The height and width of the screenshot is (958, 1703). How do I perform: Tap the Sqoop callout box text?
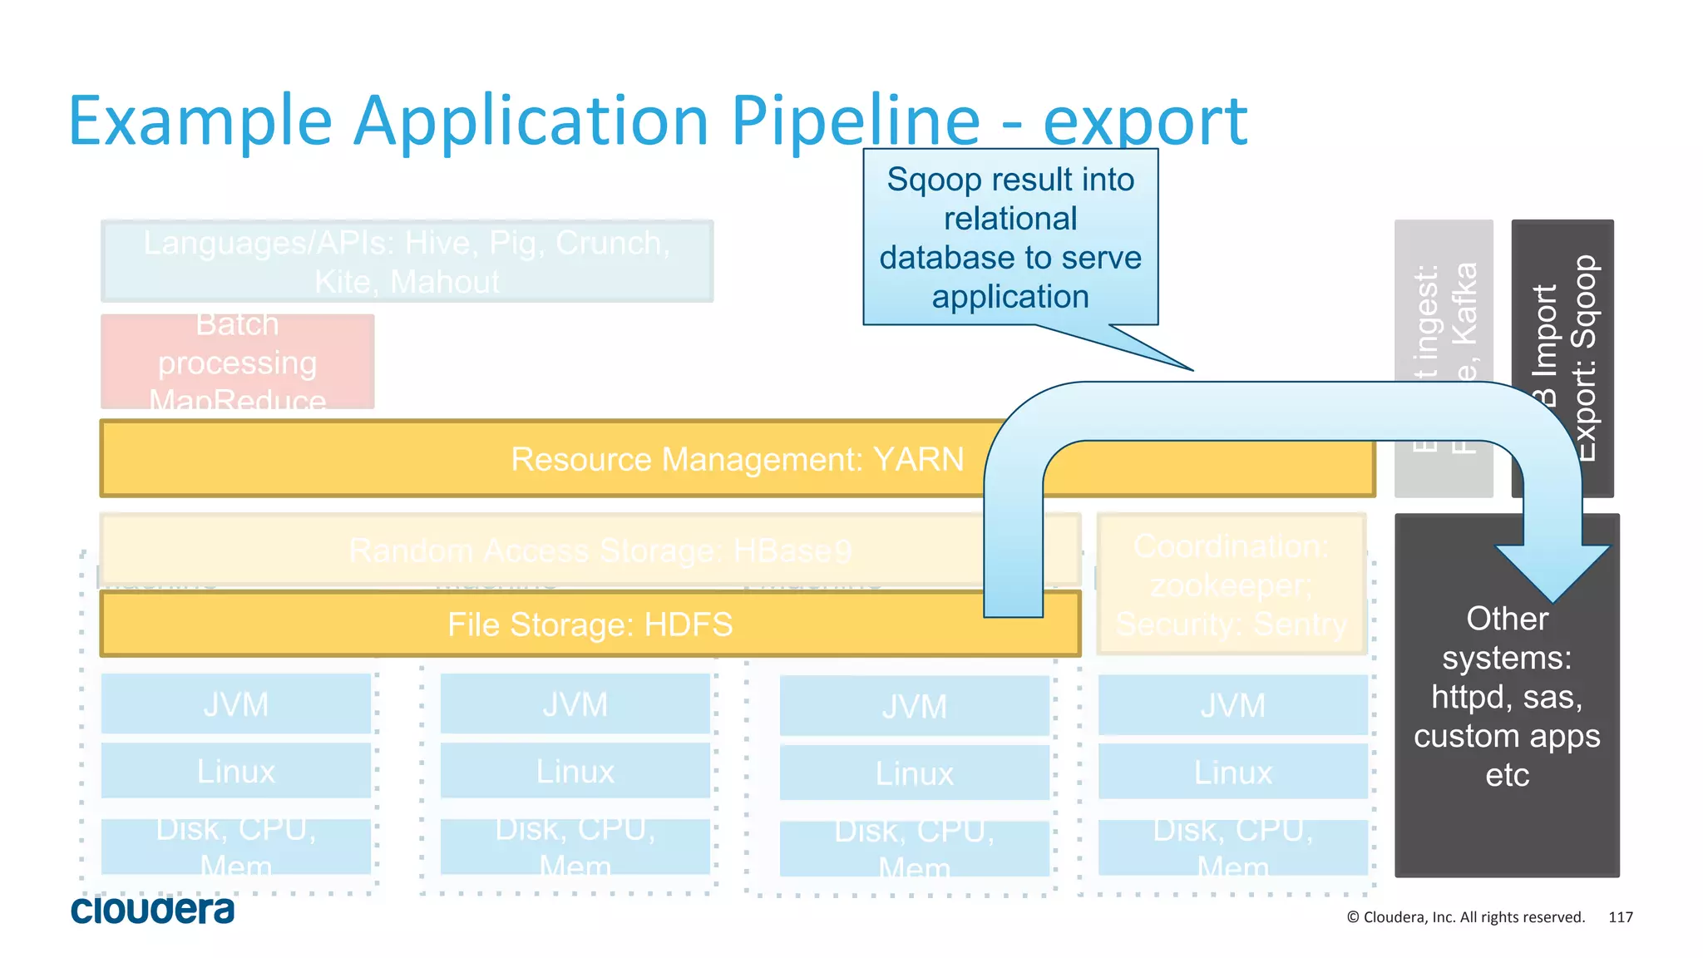tap(1009, 238)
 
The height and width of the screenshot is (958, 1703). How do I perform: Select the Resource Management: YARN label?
tap(737, 459)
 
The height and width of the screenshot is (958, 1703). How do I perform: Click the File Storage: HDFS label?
tap(590, 625)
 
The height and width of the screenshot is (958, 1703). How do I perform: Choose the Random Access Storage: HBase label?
tap(600, 551)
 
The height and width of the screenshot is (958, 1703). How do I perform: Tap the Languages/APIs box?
tap(407, 261)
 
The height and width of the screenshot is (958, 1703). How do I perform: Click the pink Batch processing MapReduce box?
tap(237, 362)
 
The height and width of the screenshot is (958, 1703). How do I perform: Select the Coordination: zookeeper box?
tap(1231, 585)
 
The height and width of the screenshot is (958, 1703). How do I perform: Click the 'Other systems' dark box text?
tap(1506, 696)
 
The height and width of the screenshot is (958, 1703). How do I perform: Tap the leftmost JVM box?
tap(235, 704)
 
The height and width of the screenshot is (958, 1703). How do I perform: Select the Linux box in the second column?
tap(575, 772)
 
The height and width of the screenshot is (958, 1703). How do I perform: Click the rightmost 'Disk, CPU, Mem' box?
tap(1232, 847)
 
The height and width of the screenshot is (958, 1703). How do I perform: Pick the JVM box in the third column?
tap(914, 707)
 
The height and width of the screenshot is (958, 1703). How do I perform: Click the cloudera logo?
tap(152, 910)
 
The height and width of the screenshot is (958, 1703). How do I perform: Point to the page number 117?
tap(1620, 917)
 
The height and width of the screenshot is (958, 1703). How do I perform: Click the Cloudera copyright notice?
tap(1465, 917)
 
